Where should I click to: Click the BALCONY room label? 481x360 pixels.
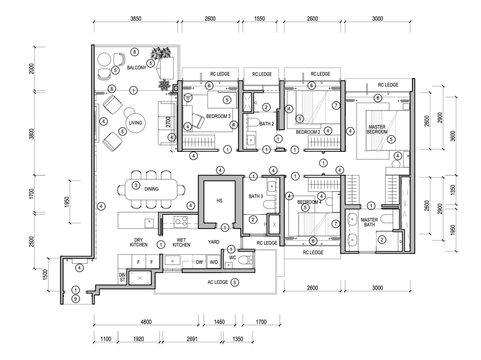[x=137, y=68]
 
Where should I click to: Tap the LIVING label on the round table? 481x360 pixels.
[x=135, y=123]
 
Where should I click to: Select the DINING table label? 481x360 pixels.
[x=151, y=189]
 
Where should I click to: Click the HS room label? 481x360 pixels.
[x=219, y=201]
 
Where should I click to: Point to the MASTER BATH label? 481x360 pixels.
[x=369, y=222]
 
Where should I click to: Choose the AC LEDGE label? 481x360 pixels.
[x=218, y=282]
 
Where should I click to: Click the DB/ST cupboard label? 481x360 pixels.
[x=123, y=277]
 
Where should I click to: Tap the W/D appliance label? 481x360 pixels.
[x=214, y=262]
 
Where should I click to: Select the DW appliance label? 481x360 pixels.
[x=199, y=262]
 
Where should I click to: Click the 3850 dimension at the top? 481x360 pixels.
[x=136, y=19]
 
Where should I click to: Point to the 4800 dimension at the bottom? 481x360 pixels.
[x=146, y=322]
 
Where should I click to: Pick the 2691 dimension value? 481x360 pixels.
[x=192, y=339]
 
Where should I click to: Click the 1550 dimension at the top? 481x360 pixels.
[x=259, y=19]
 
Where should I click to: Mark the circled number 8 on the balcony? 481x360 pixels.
[x=134, y=52]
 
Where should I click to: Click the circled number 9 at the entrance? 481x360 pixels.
[x=76, y=298]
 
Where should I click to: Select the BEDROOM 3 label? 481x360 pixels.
[x=218, y=116]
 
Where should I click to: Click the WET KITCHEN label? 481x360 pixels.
[x=181, y=243]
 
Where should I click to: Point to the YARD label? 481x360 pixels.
[x=214, y=242]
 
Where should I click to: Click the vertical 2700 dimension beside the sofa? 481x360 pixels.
[x=168, y=122]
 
